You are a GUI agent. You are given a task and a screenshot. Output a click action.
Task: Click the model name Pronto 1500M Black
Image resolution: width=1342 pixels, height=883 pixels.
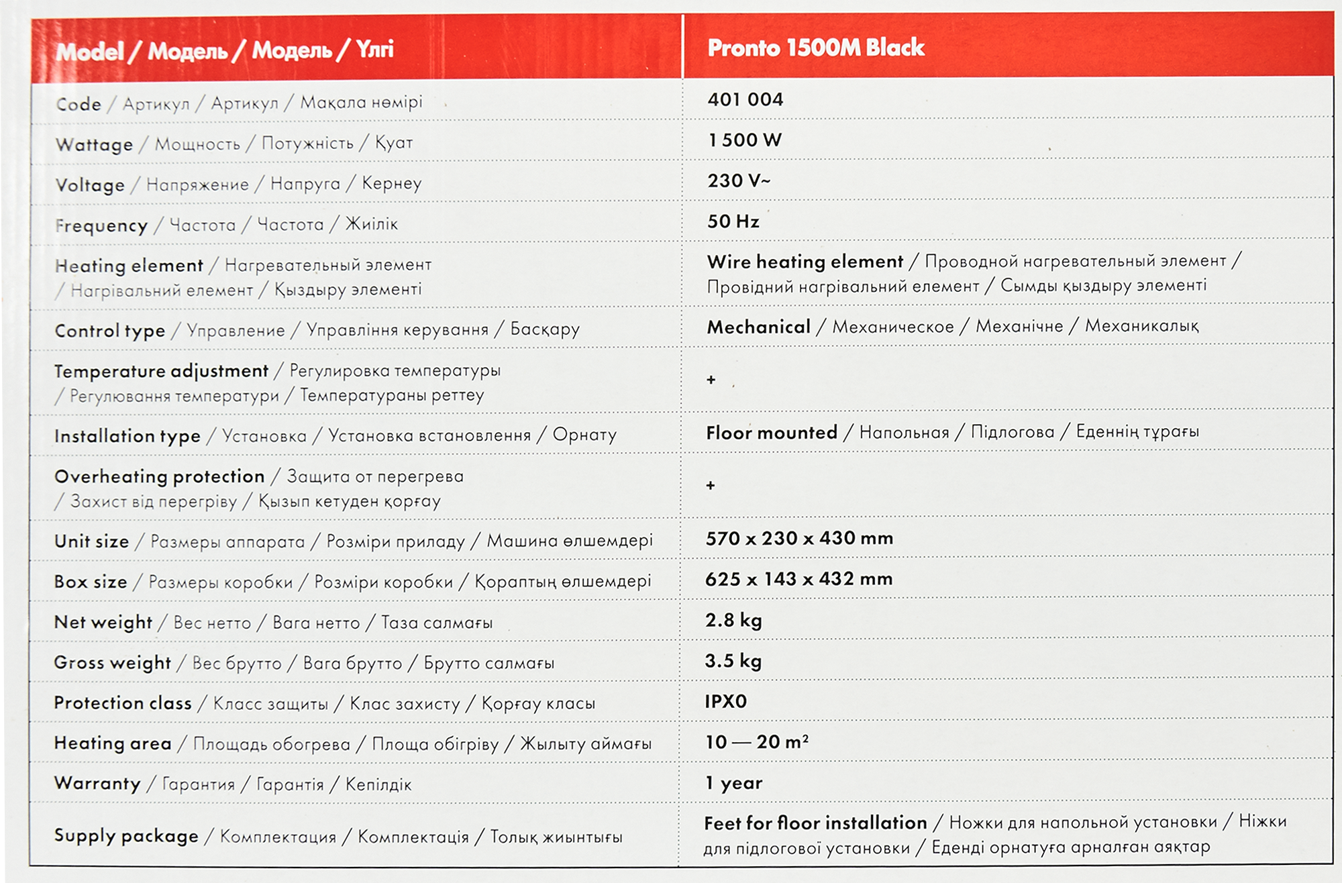tap(815, 48)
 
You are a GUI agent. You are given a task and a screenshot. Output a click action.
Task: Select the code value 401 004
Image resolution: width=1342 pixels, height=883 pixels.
tap(745, 100)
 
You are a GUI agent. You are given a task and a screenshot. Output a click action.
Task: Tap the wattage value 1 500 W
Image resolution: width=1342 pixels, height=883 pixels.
tap(745, 140)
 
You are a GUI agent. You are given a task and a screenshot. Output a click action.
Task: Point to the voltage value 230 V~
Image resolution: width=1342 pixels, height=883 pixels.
tap(739, 181)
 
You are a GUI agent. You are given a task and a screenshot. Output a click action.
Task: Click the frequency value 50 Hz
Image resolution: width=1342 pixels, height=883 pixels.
tap(733, 221)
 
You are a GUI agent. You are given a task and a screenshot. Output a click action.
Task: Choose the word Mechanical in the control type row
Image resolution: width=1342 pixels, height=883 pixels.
tap(758, 327)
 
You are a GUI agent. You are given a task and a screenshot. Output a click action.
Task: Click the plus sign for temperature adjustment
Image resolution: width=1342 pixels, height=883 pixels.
tap(711, 380)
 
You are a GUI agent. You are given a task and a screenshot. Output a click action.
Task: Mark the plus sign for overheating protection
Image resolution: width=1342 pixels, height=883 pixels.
tap(711, 485)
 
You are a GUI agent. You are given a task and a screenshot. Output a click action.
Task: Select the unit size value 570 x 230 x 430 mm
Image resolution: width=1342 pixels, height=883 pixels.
tap(798, 538)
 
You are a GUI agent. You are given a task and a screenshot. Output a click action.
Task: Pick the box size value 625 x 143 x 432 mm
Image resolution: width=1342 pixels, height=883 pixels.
tap(798, 579)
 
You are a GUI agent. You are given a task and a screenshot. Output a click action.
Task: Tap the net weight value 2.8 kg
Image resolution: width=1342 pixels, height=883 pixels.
tap(733, 620)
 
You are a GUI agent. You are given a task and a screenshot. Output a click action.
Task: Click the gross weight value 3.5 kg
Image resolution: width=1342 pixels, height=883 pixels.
tap(733, 661)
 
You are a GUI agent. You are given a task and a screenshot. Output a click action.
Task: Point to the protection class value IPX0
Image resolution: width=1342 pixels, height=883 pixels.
tap(725, 701)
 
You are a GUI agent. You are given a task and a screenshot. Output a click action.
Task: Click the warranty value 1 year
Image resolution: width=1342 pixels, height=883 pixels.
tap(733, 783)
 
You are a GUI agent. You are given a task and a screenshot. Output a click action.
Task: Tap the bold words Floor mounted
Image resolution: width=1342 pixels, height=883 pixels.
tap(771, 433)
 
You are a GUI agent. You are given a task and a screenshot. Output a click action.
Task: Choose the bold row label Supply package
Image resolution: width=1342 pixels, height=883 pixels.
tap(126, 836)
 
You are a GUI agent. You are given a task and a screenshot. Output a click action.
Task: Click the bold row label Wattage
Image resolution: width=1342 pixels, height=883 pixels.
tap(94, 145)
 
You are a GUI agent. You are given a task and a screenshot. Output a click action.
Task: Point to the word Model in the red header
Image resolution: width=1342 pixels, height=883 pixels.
tap(89, 52)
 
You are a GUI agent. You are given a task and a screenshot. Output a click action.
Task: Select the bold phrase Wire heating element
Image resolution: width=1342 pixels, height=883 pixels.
tap(805, 262)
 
